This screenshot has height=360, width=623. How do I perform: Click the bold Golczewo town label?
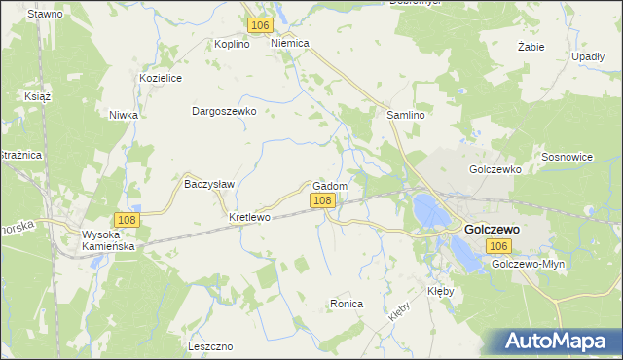(x=492, y=229)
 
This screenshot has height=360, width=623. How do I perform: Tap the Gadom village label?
(x=330, y=186)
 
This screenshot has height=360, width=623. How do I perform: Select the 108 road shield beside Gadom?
(x=323, y=200)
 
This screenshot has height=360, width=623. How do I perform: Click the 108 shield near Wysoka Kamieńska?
(x=126, y=220)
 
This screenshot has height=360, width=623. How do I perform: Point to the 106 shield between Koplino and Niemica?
(x=258, y=25)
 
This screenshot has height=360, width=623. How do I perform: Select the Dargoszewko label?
(x=224, y=111)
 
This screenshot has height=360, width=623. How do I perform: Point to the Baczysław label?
(x=206, y=182)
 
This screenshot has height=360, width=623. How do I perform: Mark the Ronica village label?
(x=347, y=305)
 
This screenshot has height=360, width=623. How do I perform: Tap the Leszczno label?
(x=211, y=346)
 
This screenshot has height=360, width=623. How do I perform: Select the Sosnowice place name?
(x=567, y=157)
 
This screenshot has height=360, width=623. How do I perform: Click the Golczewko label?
(x=495, y=168)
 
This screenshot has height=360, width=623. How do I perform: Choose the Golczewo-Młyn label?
(x=529, y=265)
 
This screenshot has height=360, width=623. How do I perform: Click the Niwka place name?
(x=124, y=115)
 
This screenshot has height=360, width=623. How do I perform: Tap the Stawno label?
(x=45, y=15)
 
